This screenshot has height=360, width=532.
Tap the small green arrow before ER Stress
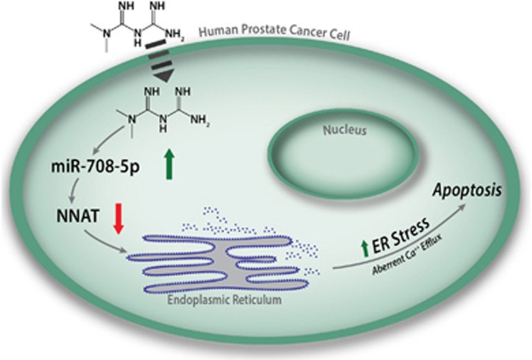[x=366, y=248]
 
